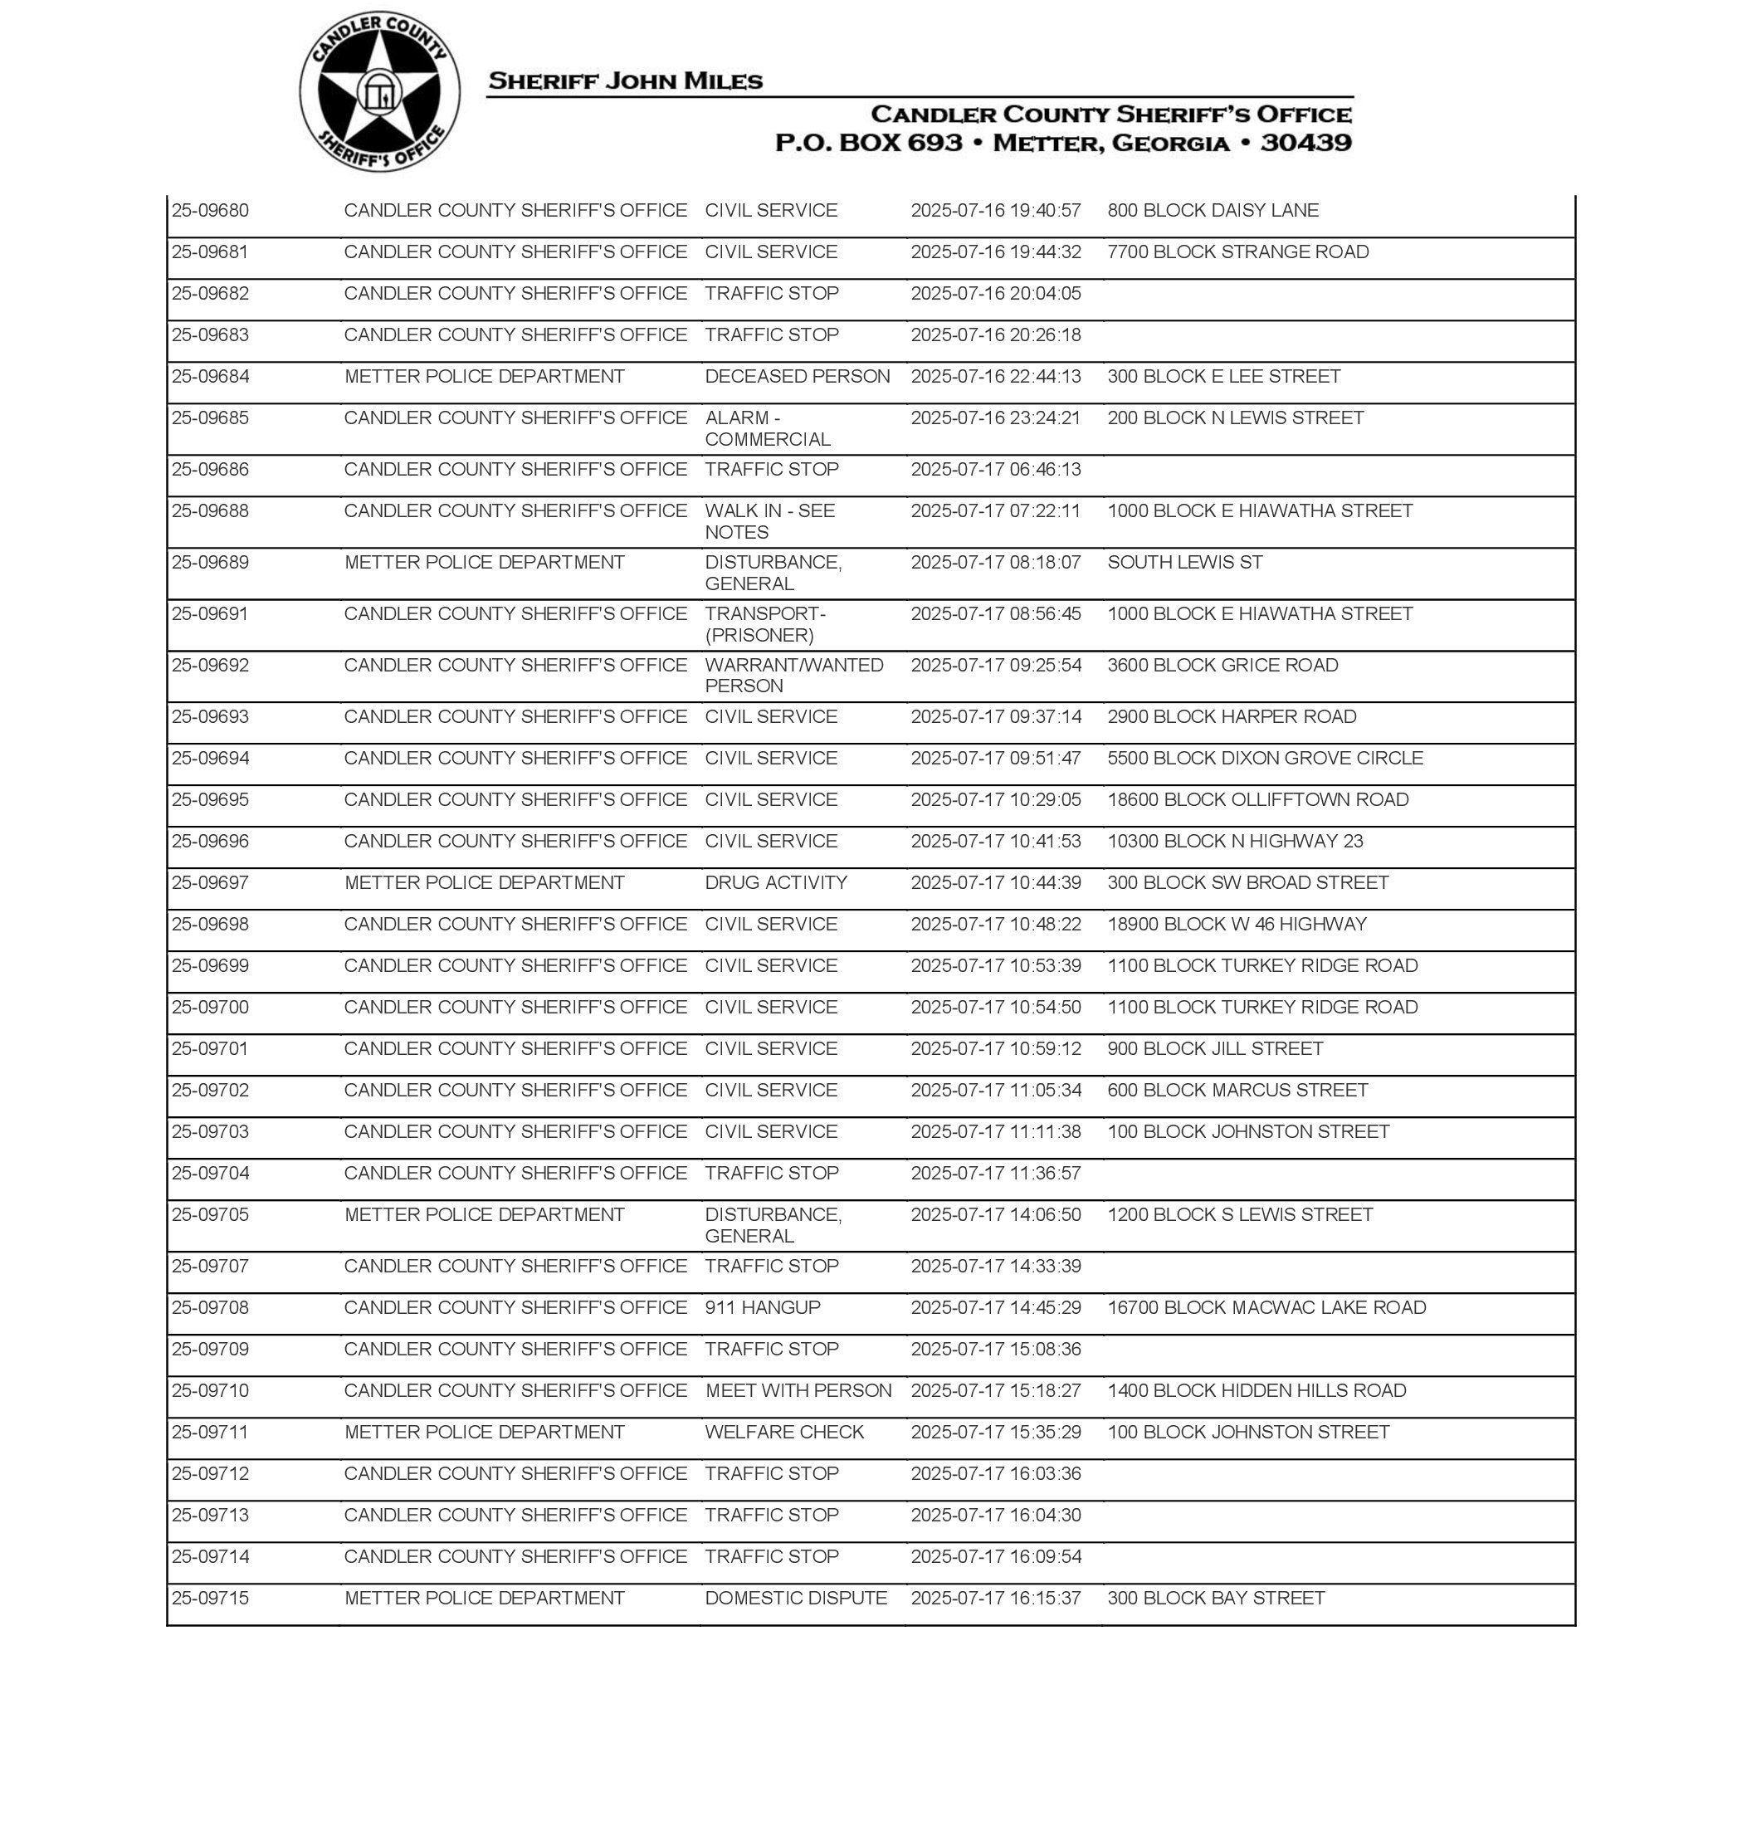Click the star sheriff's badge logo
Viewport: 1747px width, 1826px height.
(380, 92)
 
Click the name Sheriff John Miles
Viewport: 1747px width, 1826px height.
(625, 81)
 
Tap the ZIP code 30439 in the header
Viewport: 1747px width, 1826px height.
(1305, 143)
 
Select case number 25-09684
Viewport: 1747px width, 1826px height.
(211, 376)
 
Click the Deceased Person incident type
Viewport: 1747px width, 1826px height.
(797, 376)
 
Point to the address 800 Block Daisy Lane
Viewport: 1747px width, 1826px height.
(1213, 211)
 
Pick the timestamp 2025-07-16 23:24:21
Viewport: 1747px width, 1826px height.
(995, 418)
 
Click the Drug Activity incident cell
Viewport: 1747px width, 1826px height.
(776, 883)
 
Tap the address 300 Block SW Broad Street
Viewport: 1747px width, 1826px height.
(1248, 883)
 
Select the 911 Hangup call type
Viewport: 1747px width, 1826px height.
(763, 1307)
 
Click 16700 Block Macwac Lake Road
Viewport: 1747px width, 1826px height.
(1266, 1307)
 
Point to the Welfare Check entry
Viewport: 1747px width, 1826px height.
(784, 1432)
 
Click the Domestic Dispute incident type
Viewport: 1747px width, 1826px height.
(796, 1598)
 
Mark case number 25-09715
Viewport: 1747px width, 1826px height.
(211, 1598)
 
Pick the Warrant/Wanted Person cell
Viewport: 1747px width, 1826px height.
(793, 675)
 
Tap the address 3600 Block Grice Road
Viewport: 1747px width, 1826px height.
(1222, 665)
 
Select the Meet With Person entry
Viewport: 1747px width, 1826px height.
(798, 1390)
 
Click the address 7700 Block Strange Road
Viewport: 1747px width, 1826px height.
(1237, 251)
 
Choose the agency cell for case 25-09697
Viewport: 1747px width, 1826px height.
(484, 883)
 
